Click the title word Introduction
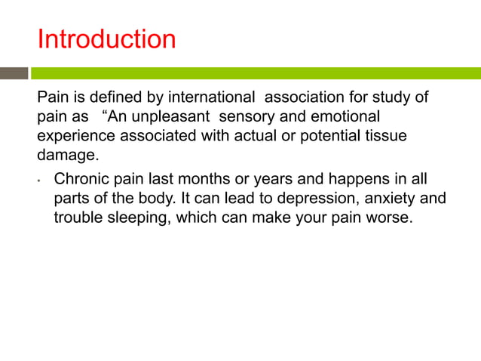click(x=106, y=39)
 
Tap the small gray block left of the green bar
click(x=14, y=73)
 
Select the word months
click(x=202, y=180)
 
